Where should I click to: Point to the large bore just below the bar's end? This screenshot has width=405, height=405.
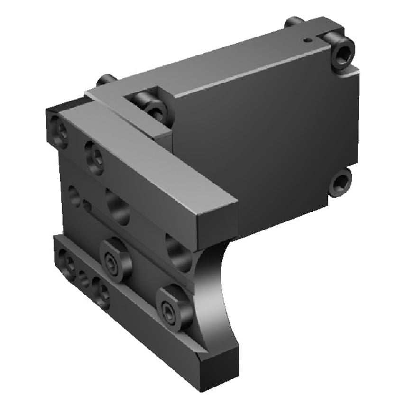pyautogui.click(x=179, y=251)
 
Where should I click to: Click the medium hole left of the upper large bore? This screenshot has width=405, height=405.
pyautogui.click(x=74, y=194)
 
